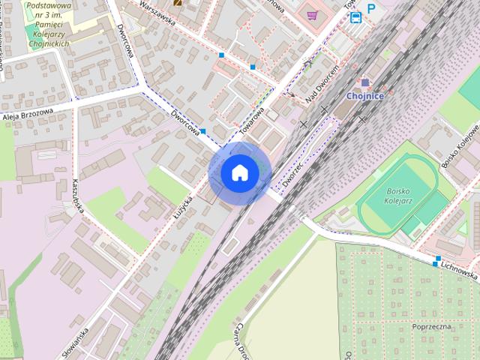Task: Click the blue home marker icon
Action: coord(239,172)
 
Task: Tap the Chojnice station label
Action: coord(365,96)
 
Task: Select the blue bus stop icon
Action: coord(355,16)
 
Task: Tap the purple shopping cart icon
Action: coord(311,14)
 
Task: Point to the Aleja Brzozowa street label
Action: coord(28,114)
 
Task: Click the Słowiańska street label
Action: coord(75,340)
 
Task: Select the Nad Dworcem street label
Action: coord(323,83)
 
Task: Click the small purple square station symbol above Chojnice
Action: coord(365,82)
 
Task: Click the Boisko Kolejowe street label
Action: coord(460,145)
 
